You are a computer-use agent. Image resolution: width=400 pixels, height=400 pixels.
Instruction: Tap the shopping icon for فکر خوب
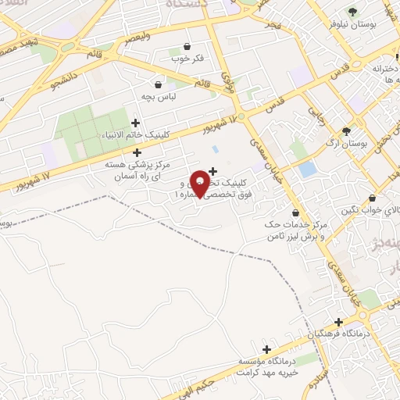click(186, 47)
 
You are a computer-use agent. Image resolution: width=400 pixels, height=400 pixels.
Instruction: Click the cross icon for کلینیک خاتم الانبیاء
click(137, 122)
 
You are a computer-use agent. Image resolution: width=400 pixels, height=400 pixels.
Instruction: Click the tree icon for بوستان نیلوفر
click(354, 11)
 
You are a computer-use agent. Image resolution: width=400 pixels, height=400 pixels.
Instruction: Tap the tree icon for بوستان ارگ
click(347, 130)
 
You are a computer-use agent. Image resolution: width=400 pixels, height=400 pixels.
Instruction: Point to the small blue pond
click(308, 169)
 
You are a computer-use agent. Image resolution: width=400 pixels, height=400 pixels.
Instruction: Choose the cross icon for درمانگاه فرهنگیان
click(338, 322)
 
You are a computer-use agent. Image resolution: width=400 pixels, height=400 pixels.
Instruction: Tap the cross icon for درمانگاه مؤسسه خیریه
click(267, 349)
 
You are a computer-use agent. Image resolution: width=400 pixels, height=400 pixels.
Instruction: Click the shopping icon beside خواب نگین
click(372, 198)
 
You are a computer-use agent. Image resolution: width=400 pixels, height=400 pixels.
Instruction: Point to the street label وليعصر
click(137, 37)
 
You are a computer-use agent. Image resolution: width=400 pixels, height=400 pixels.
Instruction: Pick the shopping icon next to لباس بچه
click(159, 84)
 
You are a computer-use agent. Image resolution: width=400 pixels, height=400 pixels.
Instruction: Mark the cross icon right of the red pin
click(212, 170)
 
